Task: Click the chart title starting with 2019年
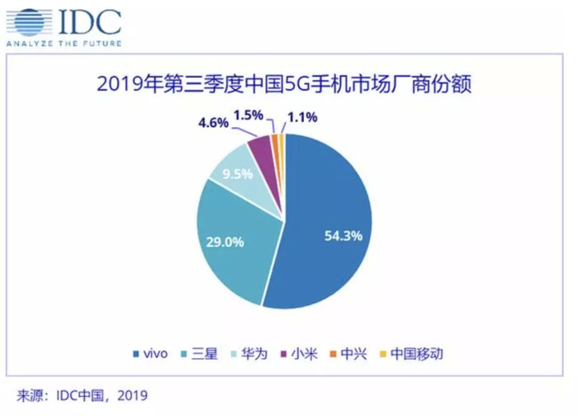click(289, 83)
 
